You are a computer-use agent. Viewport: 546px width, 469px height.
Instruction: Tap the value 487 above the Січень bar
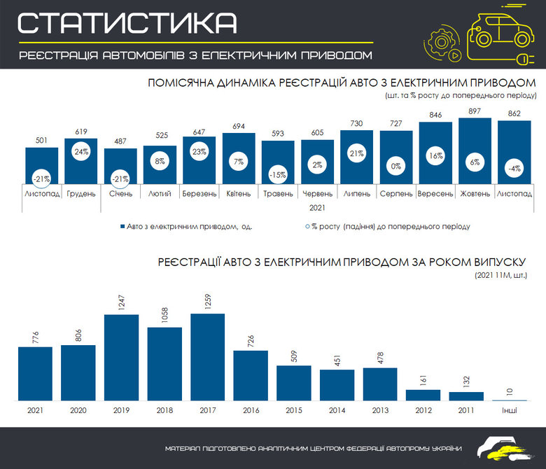pyautogui.click(x=120, y=142)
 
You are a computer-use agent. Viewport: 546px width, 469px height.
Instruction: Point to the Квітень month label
pyautogui.click(x=239, y=193)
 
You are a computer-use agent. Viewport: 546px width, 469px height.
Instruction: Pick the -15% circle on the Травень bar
pyautogui.click(x=279, y=175)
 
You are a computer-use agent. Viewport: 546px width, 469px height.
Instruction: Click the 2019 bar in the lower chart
pyautogui.click(x=121, y=358)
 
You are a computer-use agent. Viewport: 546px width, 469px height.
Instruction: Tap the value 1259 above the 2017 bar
pyautogui.click(x=208, y=303)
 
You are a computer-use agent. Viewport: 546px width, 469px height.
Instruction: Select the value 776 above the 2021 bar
pyautogui.click(x=35, y=336)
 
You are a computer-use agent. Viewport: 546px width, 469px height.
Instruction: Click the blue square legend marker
pyautogui.click(x=122, y=227)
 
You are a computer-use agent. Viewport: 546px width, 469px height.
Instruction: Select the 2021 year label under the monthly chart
pyautogui.click(x=318, y=207)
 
